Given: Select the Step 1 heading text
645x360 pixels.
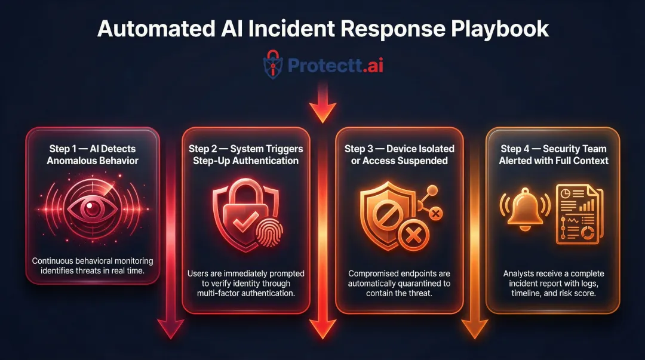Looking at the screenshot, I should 92,154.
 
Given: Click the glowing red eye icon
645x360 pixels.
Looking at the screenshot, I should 92,208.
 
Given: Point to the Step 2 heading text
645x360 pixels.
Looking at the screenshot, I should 245,154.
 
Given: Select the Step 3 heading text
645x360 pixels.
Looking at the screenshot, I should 400,154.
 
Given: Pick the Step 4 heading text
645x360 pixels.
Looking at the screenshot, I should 553,154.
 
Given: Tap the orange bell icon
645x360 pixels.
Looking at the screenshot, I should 520,208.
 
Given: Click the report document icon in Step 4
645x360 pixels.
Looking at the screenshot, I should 578,214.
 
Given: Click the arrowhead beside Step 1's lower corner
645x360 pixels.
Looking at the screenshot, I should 171,327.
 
